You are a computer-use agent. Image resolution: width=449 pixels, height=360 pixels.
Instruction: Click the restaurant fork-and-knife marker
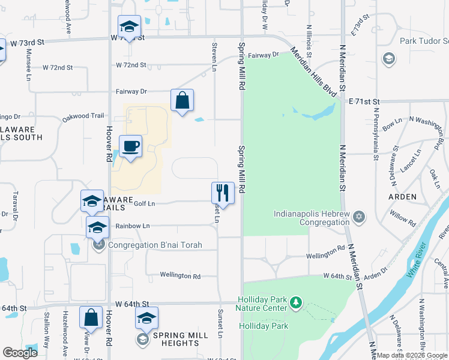tap(223, 193)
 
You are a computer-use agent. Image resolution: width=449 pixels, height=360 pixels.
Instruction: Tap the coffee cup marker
tap(130, 146)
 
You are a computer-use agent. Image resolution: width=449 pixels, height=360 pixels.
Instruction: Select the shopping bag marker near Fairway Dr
tap(182, 101)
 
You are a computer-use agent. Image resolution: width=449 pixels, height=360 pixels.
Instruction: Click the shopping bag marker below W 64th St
tap(91, 317)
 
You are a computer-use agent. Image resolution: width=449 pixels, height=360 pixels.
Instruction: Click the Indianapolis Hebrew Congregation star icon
tap(359, 216)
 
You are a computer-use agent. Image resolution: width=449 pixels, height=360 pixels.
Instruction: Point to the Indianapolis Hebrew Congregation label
tap(312, 218)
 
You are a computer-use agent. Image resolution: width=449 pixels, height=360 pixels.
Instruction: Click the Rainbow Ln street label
tap(133, 226)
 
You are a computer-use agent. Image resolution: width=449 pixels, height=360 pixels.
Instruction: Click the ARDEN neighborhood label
tap(402, 196)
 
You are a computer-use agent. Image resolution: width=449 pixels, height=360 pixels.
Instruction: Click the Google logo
tap(20, 353)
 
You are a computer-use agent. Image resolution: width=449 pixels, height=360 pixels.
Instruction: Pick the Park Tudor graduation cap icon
tap(389, 58)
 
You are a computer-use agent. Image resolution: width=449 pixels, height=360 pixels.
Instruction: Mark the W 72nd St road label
tap(131, 65)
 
